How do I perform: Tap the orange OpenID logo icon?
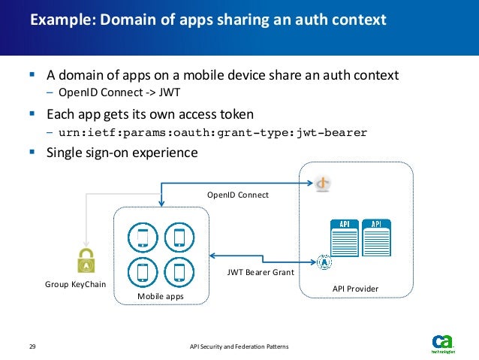coord(324,183)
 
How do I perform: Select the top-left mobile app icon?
coord(143,237)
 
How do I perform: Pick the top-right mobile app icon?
coord(179,237)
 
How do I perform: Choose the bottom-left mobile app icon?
coord(143,271)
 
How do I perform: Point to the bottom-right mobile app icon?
coord(179,271)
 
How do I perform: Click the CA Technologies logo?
coord(442,342)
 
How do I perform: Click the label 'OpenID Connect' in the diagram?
coord(238,195)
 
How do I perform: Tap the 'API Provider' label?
coord(355,289)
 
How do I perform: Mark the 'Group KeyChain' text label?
coord(76,285)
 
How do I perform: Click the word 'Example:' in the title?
coord(57,20)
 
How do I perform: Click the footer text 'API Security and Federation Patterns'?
coord(239,346)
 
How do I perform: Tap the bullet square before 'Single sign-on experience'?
coord(32,152)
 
